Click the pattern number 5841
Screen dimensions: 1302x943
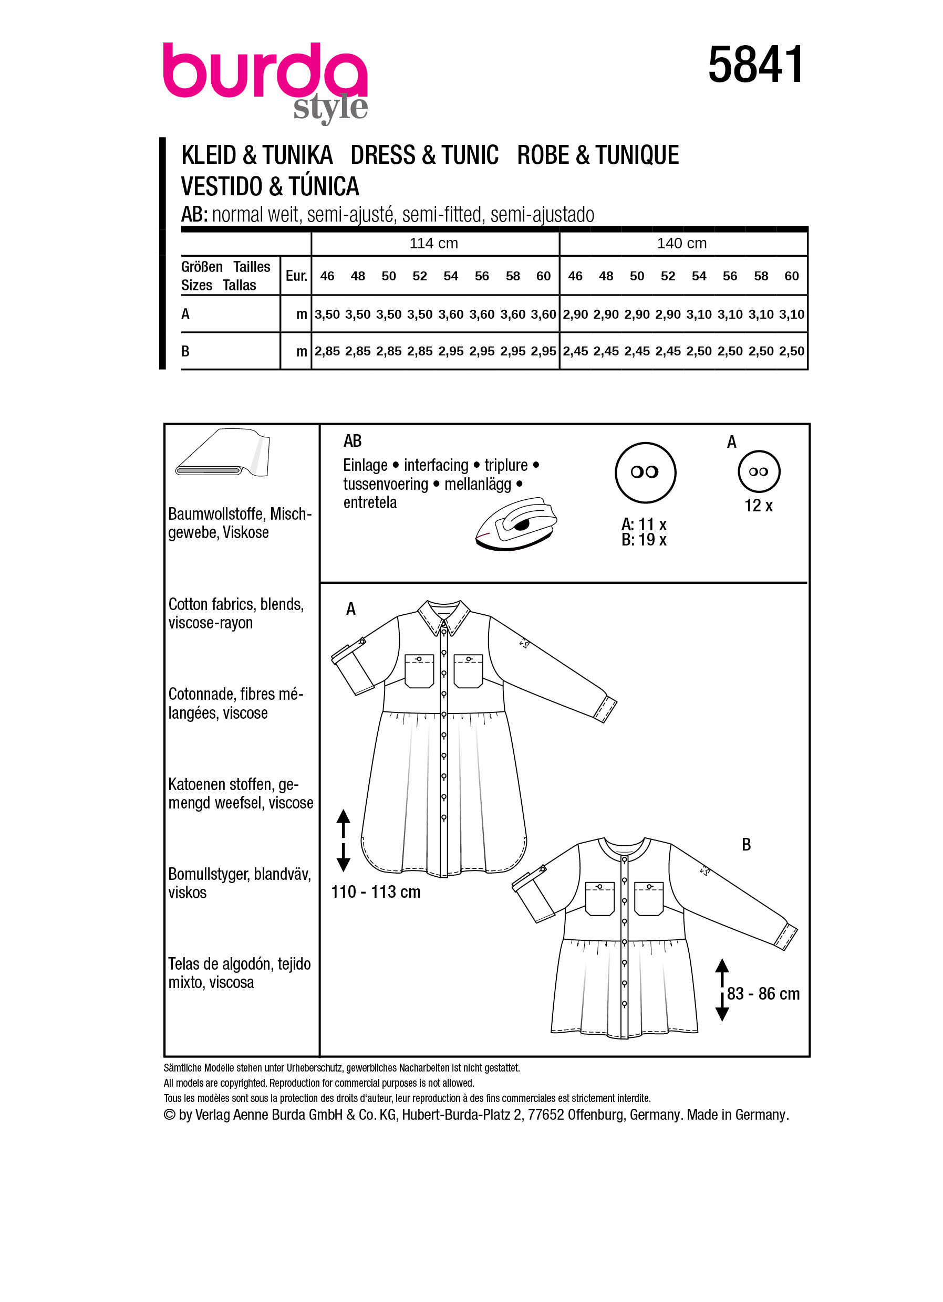[x=755, y=65]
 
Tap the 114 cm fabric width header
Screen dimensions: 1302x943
[x=433, y=244]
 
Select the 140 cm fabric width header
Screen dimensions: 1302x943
[x=682, y=244]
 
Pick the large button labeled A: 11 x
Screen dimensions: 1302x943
[x=645, y=472]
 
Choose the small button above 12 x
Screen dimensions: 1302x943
[x=759, y=471]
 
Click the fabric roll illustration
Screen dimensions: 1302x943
[x=223, y=453]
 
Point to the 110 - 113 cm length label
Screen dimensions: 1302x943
[x=376, y=891]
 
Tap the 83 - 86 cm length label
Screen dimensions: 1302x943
[x=763, y=994]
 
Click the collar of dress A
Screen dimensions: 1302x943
[x=444, y=617]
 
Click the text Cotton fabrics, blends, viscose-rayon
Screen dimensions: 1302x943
[x=235, y=613]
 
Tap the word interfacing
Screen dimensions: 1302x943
[x=436, y=465]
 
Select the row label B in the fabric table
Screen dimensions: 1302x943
[x=185, y=351]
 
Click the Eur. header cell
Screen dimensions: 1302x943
[x=296, y=276]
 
